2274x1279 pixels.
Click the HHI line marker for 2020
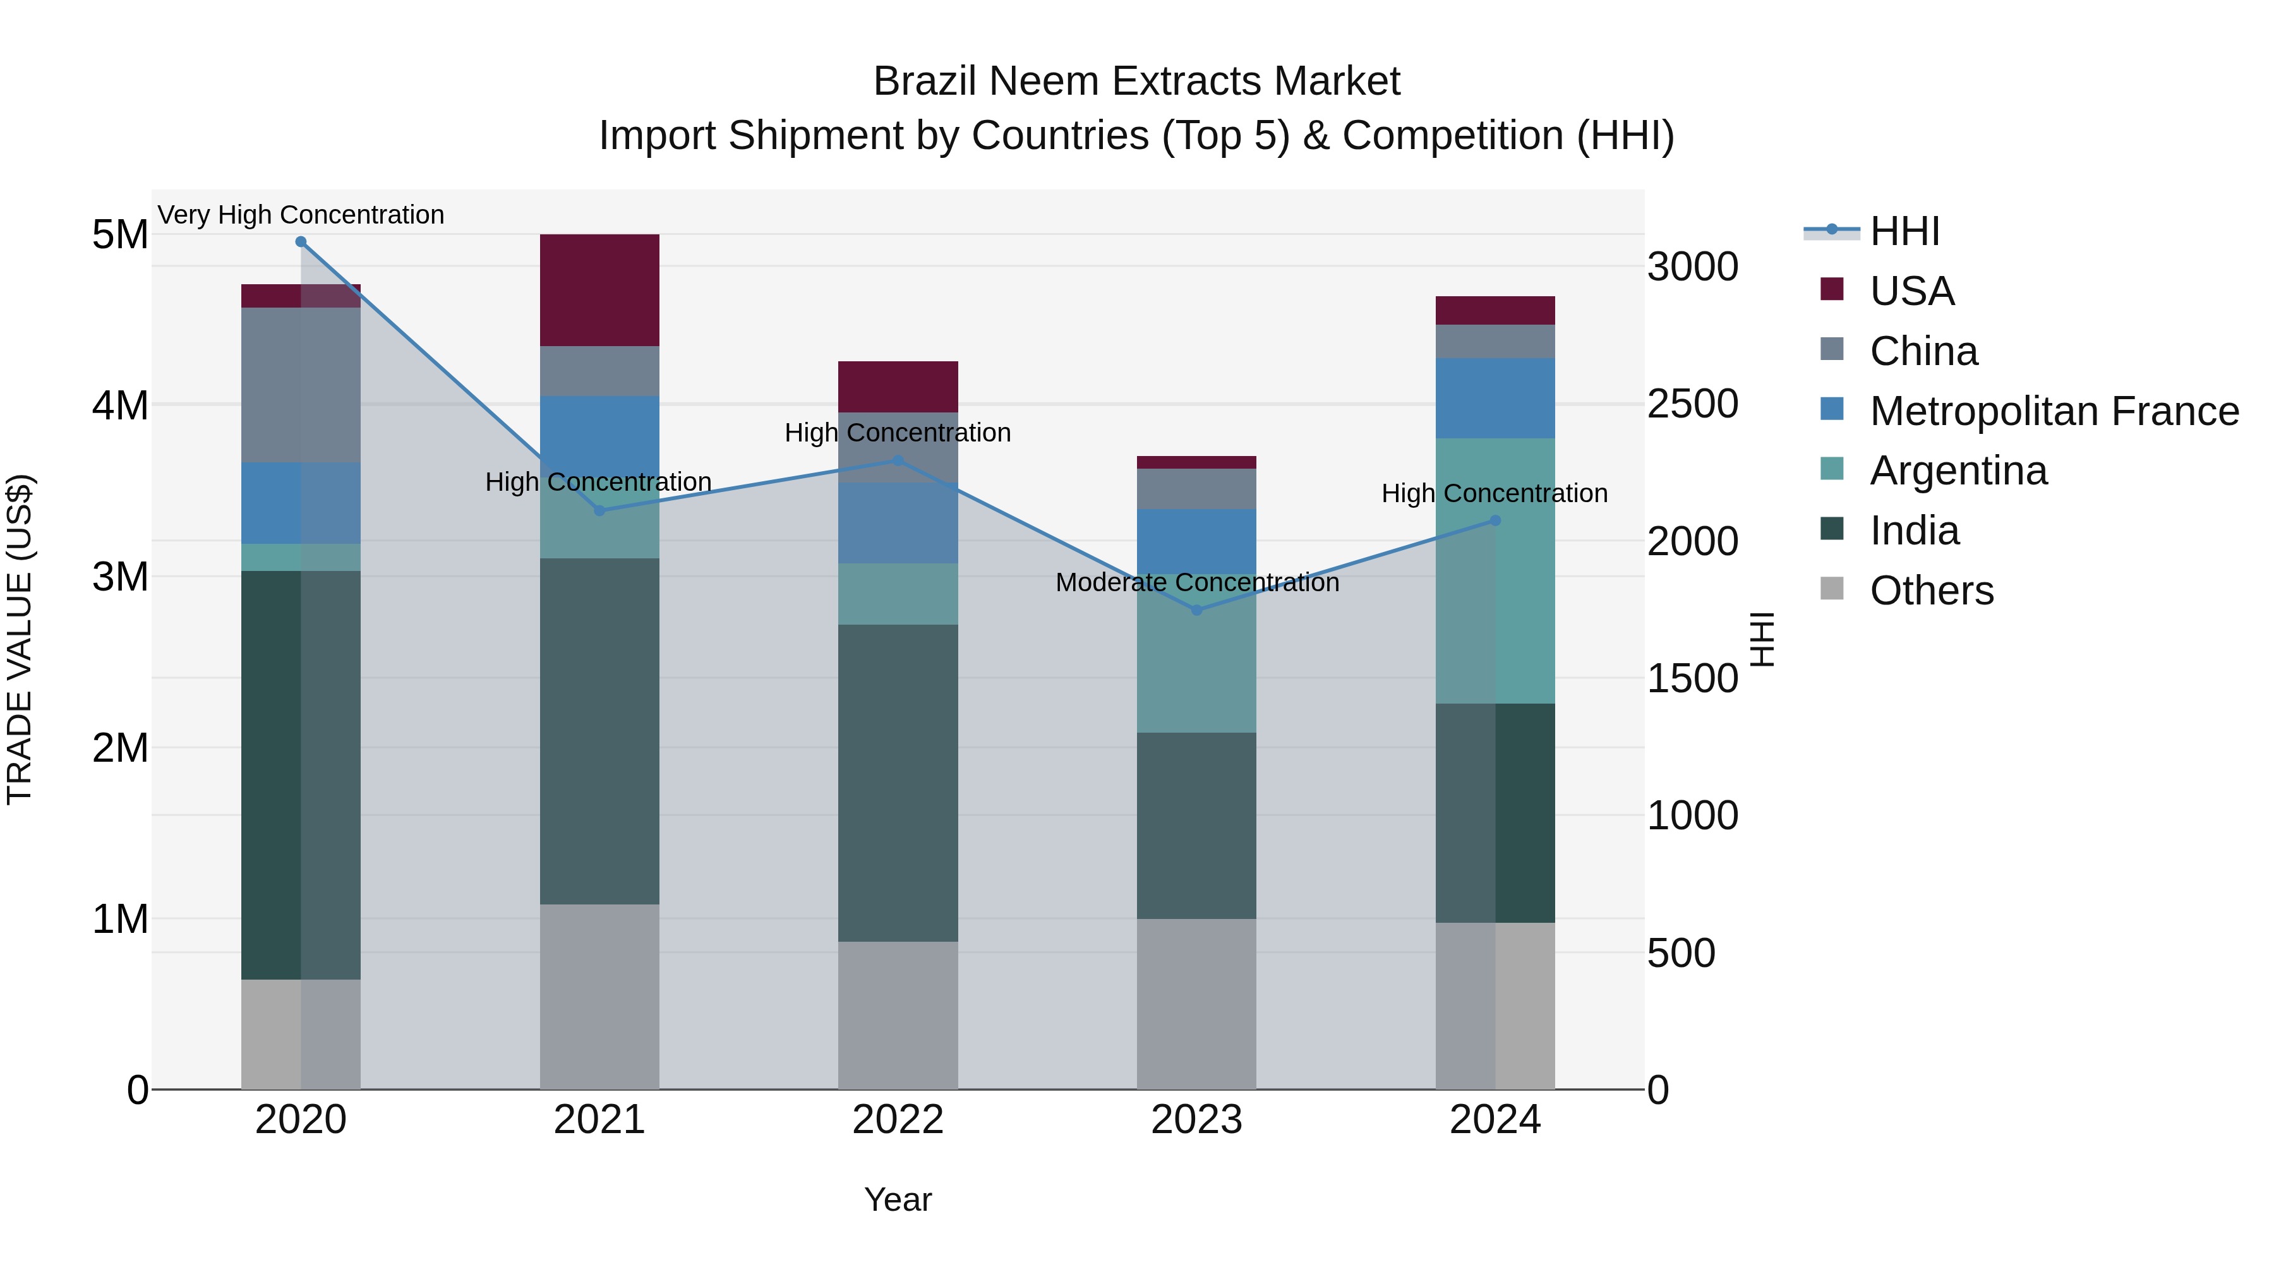301,242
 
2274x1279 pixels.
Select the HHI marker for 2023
1197,610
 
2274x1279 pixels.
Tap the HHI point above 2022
898,460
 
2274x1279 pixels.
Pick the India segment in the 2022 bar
898,783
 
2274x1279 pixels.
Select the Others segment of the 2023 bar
1196,1004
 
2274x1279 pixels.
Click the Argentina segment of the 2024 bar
1495,570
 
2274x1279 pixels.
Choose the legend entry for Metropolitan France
2054,411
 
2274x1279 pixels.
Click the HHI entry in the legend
1904,231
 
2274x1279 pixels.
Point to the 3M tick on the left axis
120,577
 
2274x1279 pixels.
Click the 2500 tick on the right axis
1692,404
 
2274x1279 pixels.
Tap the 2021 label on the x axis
599,1120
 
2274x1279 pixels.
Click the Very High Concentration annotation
301,215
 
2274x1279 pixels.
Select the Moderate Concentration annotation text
1197,582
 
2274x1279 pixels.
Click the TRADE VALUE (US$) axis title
20,639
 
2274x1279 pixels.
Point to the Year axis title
898,1199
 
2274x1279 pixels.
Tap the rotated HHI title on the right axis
1762,639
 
